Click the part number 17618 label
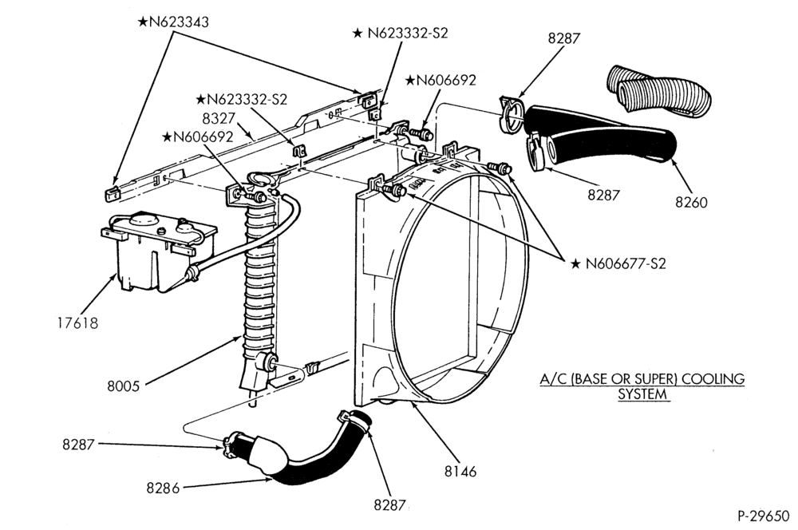point(77,322)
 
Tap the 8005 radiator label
point(123,386)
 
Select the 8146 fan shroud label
point(460,472)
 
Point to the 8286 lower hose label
point(163,488)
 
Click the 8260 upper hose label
point(691,202)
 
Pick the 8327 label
point(219,118)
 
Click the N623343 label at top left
point(173,22)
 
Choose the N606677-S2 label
point(618,263)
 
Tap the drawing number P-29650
point(763,516)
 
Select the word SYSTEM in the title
point(642,394)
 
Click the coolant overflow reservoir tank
point(159,251)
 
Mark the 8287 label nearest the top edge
point(564,38)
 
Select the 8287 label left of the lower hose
point(78,444)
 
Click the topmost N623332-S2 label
point(401,33)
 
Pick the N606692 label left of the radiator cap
point(197,136)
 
